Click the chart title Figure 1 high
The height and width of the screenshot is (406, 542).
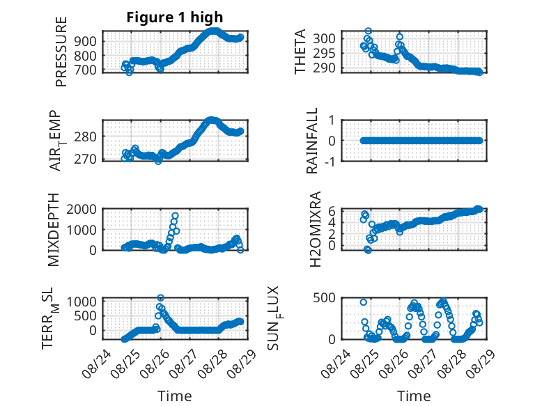[x=175, y=17]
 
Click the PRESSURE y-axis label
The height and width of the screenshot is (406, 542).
[x=61, y=52]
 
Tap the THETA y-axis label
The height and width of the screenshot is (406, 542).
[x=300, y=52]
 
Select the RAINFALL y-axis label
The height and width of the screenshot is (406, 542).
[x=312, y=140]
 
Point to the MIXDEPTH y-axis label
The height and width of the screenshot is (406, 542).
[x=54, y=229]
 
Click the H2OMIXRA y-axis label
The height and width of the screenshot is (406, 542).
[x=316, y=229]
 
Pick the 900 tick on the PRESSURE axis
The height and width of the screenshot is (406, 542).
[x=86, y=41]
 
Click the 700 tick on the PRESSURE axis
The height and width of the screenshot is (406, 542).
[x=86, y=70]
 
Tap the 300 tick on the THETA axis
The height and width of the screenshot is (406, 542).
[x=324, y=38]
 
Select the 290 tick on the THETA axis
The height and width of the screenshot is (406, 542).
[x=324, y=68]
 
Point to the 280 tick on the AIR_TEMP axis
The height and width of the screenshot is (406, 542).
[x=86, y=136]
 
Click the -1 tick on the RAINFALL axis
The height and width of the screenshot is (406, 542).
[x=330, y=161]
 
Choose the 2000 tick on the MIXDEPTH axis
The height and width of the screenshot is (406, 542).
[x=82, y=209]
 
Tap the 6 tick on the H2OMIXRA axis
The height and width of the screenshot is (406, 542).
[x=332, y=210]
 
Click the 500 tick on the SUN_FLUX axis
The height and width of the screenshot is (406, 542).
[x=324, y=297]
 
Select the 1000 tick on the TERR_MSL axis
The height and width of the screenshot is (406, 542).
[x=82, y=302]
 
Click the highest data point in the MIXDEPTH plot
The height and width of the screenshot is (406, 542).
[x=175, y=216]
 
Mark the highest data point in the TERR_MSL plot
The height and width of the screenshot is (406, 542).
[x=160, y=297]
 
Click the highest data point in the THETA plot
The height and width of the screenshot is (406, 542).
[x=369, y=31]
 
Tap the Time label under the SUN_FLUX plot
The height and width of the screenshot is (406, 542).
[x=414, y=396]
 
